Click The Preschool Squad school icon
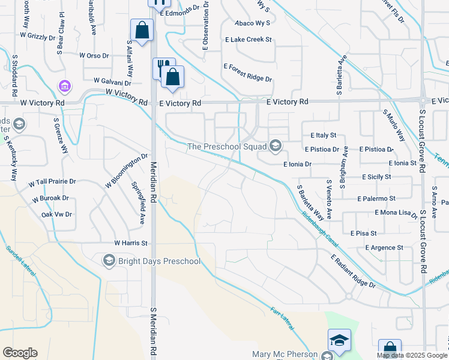pos(276,146)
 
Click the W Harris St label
pos(131,244)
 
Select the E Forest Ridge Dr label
pos(247,73)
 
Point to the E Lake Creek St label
pos(249,40)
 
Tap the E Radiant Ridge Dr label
pos(353,271)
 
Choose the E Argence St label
pos(384,248)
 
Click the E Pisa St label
pos(363,233)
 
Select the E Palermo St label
pos(376,199)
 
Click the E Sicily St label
pos(376,177)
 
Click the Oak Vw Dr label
pos(56,214)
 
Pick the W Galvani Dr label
pos(112,80)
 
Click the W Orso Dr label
pos(98,56)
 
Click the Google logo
pos(20,353)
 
